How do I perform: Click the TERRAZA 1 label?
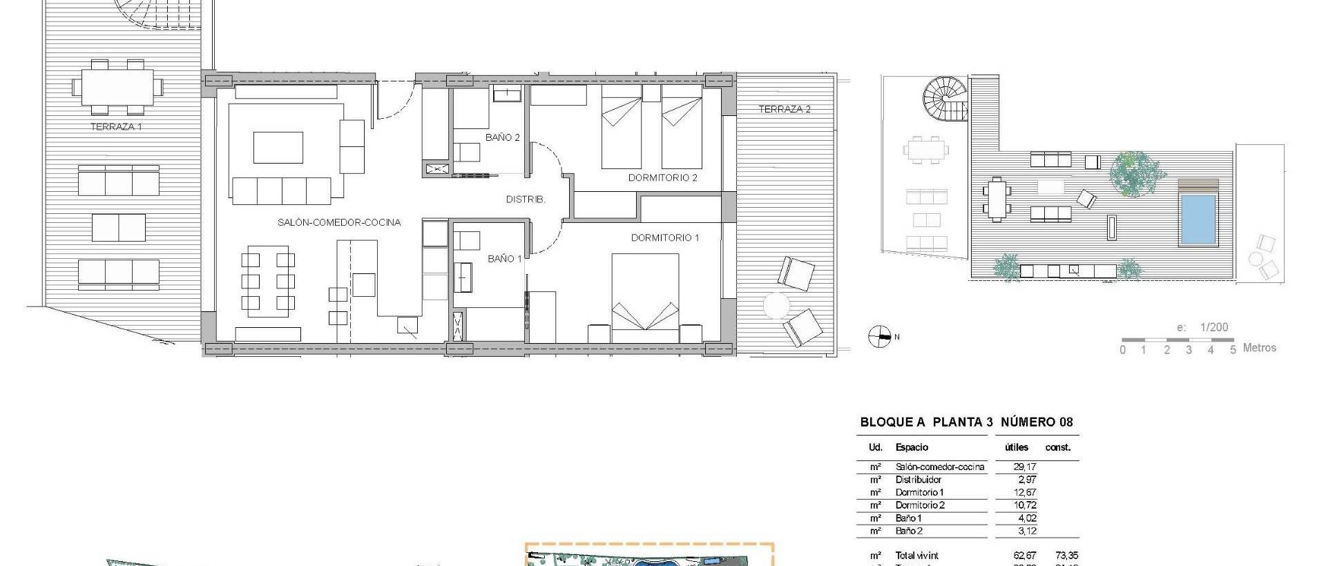point(116,127)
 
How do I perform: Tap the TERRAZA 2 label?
point(785,109)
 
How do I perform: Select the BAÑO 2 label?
point(502,137)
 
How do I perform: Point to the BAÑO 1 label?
point(504,259)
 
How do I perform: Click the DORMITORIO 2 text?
point(662,177)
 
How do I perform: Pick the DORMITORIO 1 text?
point(664,237)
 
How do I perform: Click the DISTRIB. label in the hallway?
point(526,199)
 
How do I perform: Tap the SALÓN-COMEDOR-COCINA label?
point(338,222)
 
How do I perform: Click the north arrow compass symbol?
point(879,337)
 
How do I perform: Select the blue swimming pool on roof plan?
point(1198,219)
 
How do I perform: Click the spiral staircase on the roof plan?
point(945,99)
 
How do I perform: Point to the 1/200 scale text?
point(1213,327)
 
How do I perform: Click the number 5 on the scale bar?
point(1233,350)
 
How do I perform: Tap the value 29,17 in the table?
point(1024,467)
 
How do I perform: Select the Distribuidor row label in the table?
point(918,480)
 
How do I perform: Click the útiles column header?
point(1017,447)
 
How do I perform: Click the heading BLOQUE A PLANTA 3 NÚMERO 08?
point(966,422)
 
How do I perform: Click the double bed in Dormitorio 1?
point(645,297)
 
